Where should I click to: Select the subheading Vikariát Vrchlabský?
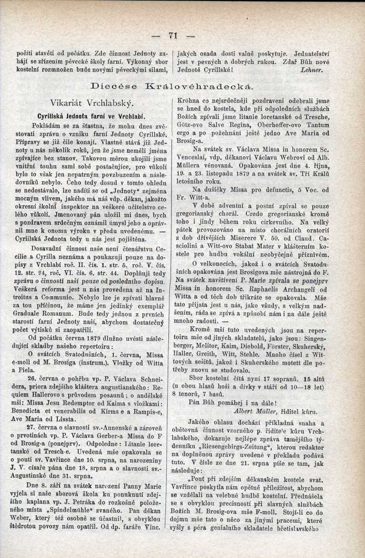click(91, 102)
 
